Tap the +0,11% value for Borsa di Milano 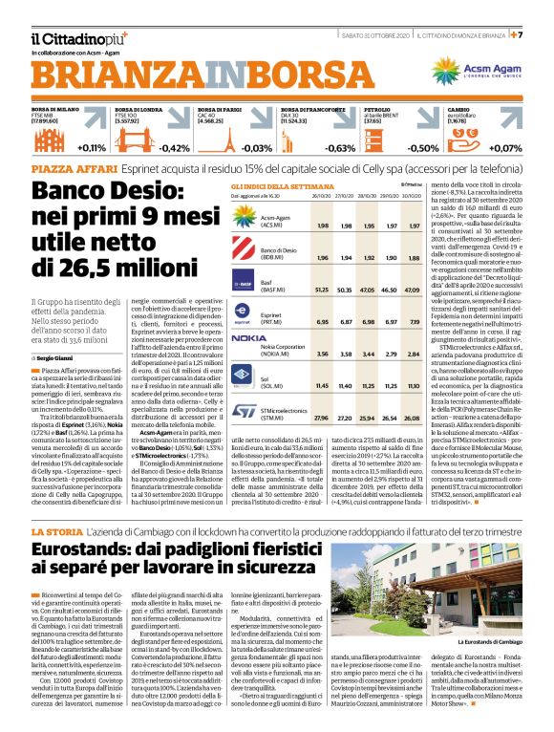[x=91, y=148]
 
